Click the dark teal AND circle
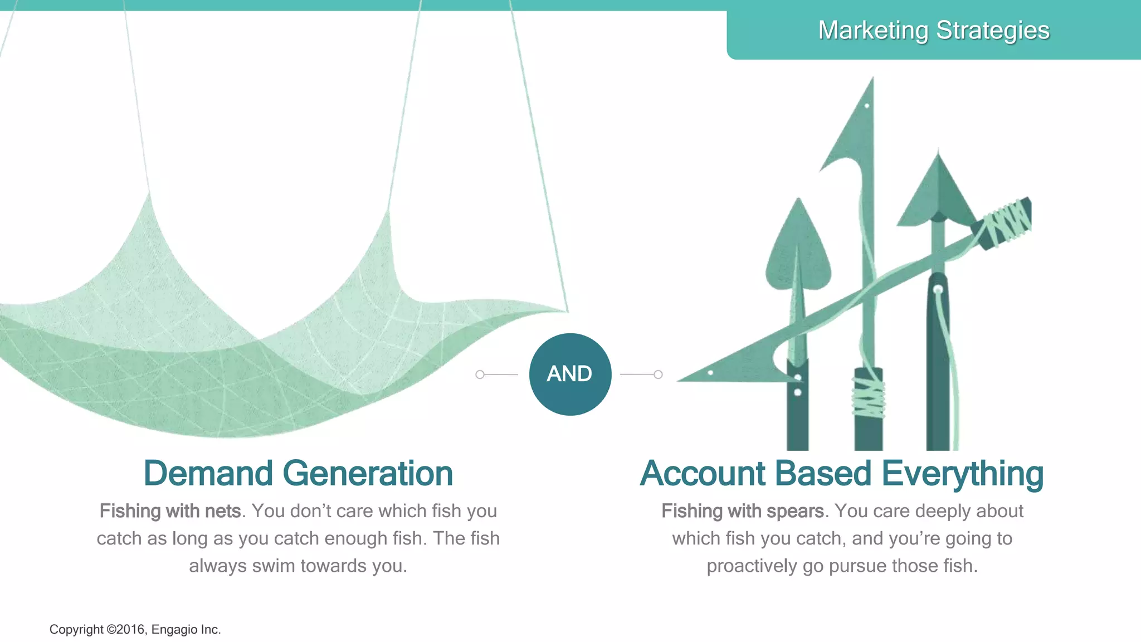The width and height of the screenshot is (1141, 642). click(570, 374)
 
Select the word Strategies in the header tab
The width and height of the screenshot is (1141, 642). click(993, 31)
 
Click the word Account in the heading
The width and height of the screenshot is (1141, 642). click(702, 474)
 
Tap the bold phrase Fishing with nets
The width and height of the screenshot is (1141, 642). click(170, 511)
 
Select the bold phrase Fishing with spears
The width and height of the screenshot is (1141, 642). click(743, 511)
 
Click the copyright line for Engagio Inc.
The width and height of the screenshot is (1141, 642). click(135, 630)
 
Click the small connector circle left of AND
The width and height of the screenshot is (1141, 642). click(480, 374)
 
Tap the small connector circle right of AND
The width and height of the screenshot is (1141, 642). click(658, 374)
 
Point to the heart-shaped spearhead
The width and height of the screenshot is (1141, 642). click(798, 251)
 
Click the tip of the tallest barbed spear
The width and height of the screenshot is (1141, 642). click(872, 81)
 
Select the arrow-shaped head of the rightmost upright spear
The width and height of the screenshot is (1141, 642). click(938, 192)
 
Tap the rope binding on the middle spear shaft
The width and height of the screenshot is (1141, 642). click(869, 396)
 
